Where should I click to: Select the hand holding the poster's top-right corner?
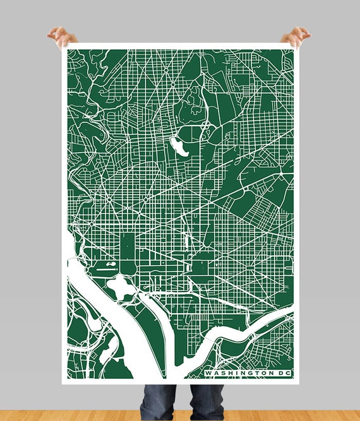(x=295, y=36)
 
